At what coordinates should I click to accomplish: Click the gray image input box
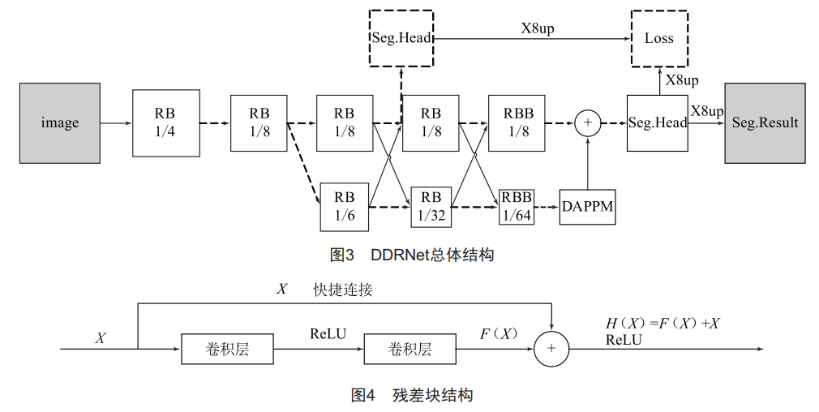point(60,122)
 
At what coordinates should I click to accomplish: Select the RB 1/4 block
point(165,122)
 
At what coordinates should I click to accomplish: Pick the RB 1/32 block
point(431,206)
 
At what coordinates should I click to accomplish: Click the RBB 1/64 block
point(517,206)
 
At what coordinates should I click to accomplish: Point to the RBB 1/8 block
point(517,122)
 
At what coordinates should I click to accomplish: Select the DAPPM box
point(587,206)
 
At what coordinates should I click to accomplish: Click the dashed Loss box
point(658,38)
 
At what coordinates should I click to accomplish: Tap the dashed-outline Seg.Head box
point(401,38)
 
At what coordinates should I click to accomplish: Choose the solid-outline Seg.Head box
point(658,122)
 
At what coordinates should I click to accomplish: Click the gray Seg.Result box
point(765,122)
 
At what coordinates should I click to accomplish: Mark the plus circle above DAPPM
point(588,123)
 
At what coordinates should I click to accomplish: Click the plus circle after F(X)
point(551,349)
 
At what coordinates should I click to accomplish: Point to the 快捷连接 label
point(343,290)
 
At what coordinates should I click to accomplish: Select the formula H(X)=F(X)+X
point(662,324)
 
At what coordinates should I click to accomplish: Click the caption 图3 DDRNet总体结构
point(412,255)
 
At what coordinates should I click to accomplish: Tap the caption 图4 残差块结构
point(412,395)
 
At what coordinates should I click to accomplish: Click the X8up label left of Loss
point(537,28)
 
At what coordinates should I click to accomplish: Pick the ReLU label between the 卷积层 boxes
point(328,333)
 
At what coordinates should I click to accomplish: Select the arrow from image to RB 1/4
point(117,123)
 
